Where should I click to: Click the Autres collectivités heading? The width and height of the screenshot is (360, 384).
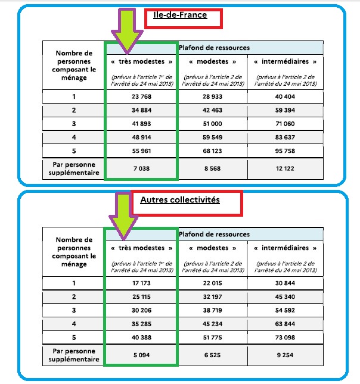point(179,201)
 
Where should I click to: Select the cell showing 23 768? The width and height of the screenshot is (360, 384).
point(141,96)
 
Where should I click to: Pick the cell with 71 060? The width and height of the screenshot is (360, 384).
point(285,123)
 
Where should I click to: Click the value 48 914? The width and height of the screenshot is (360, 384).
point(141,136)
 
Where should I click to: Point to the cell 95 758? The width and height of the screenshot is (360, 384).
point(285,150)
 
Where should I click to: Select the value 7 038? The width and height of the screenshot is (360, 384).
point(141,168)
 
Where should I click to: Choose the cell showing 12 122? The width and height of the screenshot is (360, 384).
point(285,168)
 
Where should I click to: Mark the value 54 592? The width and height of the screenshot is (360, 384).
point(285,310)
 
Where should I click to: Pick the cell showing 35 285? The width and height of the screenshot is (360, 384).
point(141,323)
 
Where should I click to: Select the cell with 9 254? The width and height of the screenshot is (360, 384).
point(285,355)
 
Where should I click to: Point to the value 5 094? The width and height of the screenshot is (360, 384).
point(141,355)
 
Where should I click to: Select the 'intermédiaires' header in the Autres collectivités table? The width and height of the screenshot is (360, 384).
point(285,248)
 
